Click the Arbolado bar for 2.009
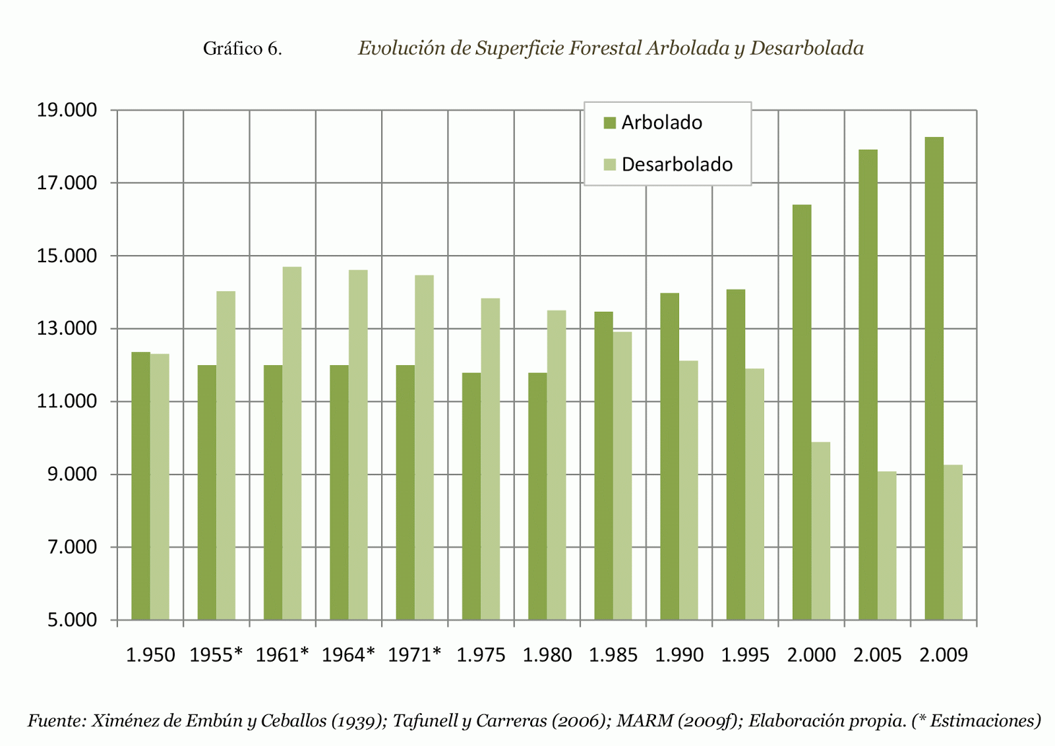pos(934,378)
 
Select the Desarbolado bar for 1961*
pos(292,443)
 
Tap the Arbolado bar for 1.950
pos(140,486)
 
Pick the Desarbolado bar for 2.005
pos(887,545)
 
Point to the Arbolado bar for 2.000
pos(802,412)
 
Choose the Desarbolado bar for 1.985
pos(622,475)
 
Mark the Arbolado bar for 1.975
pos(471,496)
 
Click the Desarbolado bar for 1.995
pos(755,494)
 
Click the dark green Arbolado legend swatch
pos(609,123)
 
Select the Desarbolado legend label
pos(677,164)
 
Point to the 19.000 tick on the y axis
pos(67,110)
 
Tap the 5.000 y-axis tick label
pos(72,620)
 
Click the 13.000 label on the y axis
pos(67,328)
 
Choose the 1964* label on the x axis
pos(348,655)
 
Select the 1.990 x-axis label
pos(679,655)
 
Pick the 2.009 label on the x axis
pos(944,655)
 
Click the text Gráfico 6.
pos(243,49)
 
